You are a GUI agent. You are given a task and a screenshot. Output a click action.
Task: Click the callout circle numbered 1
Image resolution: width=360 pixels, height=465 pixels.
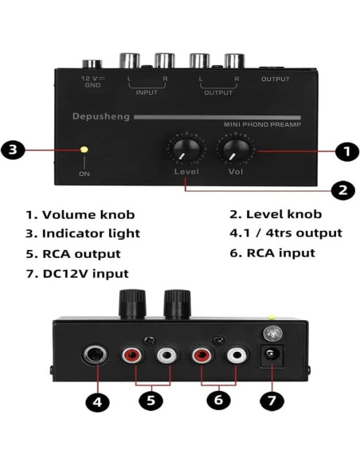point(344,150)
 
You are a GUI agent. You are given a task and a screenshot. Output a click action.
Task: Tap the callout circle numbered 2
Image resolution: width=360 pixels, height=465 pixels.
point(340,190)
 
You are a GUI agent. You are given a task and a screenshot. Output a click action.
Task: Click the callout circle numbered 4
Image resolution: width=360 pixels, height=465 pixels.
point(96,401)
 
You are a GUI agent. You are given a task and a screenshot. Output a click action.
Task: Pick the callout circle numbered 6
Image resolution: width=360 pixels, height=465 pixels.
point(219,400)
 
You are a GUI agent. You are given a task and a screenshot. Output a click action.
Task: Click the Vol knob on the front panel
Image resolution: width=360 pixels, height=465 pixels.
point(236,149)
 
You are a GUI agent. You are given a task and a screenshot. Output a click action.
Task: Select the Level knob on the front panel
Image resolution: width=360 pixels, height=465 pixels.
point(186,149)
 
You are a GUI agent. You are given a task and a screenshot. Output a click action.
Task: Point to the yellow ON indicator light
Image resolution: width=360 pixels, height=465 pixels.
point(84,149)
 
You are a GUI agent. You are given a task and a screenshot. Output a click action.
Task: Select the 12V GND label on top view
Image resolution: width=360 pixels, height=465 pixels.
point(93,81)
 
